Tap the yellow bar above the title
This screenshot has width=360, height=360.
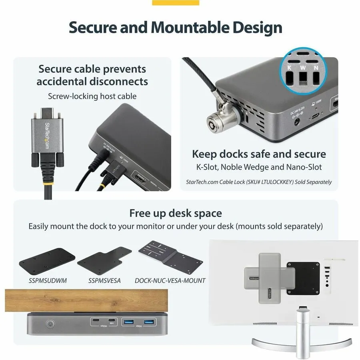(x=176, y=2)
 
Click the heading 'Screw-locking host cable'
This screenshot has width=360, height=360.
(x=92, y=96)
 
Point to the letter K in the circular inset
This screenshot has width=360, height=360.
(x=289, y=68)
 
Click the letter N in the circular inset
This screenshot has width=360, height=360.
(x=316, y=68)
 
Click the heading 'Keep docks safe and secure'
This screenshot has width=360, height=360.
(x=259, y=154)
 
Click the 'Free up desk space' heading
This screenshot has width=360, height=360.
(x=175, y=213)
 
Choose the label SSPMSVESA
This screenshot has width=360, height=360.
(x=104, y=280)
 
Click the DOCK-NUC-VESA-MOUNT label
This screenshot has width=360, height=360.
(x=170, y=280)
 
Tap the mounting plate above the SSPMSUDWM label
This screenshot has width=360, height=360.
(x=47, y=261)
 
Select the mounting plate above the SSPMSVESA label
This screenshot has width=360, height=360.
(x=105, y=260)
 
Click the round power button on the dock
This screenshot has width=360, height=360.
(x=50, y=324)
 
